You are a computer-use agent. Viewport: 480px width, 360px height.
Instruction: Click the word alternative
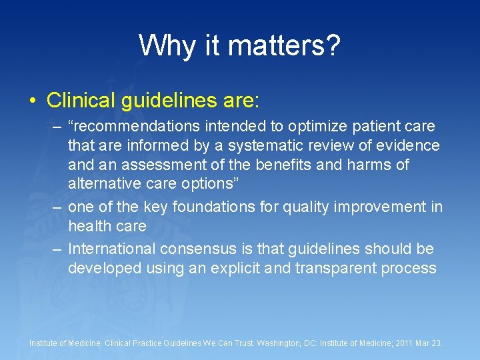click(107, 183)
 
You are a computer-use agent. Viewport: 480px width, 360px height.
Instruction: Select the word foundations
click(213, 207)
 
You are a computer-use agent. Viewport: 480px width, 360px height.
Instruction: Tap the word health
click(89, 227)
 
